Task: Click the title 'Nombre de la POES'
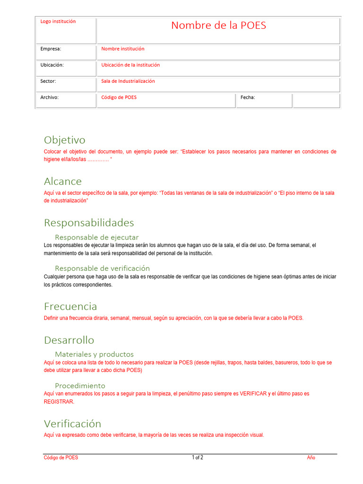[x=218, y=26]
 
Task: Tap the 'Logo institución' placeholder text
[x=58, y=21]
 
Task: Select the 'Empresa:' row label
[x=51, y=49]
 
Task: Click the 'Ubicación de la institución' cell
[x=130, y=65]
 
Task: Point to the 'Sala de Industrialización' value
[x=128, y=81]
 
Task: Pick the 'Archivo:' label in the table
[x=49, y=97]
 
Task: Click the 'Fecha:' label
[x=248, y=97]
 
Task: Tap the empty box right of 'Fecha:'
[x=316, y=100]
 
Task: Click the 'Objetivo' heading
[x=64, y=140]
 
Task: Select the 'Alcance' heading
[x=62, y=181]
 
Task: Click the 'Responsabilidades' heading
[x=89, y=223]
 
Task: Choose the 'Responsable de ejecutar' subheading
[x=96, y=237]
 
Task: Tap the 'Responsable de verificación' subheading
[x=102, y=268]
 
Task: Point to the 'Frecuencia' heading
[x=70, y=306]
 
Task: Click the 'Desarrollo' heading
[x=69, y=340]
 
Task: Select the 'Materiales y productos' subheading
[x=94, y=354]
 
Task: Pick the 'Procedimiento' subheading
[x=80, y=385]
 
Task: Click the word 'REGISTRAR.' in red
[x=59, y=402]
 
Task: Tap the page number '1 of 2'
[x=198, y=458]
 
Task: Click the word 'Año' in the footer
[x=311, y=458]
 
